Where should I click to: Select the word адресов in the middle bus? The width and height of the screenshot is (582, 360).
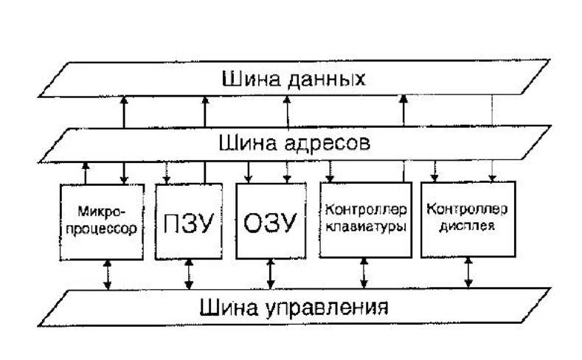328,143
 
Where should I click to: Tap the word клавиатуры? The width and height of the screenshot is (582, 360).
366,226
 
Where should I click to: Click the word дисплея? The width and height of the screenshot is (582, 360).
467,226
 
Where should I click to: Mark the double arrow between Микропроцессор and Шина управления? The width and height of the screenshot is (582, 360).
107,274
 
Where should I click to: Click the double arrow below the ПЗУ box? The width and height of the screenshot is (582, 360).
189,274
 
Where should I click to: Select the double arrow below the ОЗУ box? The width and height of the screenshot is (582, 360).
271,274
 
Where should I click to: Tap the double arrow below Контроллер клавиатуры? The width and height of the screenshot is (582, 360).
364,273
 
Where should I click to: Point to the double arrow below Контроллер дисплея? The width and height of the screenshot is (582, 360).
468,272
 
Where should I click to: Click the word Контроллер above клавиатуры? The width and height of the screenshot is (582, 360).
366,210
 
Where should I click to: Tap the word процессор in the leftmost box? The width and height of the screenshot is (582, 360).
101,229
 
